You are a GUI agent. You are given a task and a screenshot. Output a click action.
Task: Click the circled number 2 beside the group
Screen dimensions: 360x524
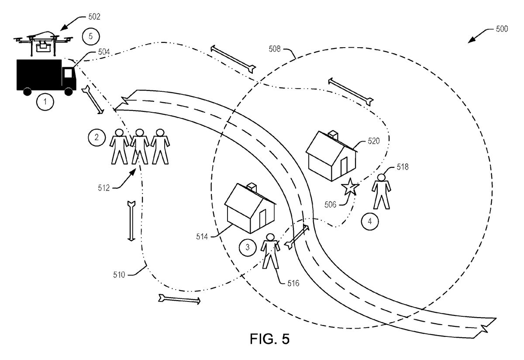point(97,138)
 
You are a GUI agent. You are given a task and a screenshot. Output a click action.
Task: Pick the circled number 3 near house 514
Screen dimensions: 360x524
point(247,248)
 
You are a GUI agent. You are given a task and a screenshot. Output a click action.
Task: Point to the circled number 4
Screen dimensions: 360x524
point(369,222)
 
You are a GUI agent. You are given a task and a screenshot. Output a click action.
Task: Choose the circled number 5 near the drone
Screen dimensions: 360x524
point(90,36)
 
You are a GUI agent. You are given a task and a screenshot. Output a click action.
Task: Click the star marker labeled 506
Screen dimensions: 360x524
point(350,187)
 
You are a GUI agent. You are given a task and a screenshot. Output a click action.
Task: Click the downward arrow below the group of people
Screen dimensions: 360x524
point(131,221)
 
